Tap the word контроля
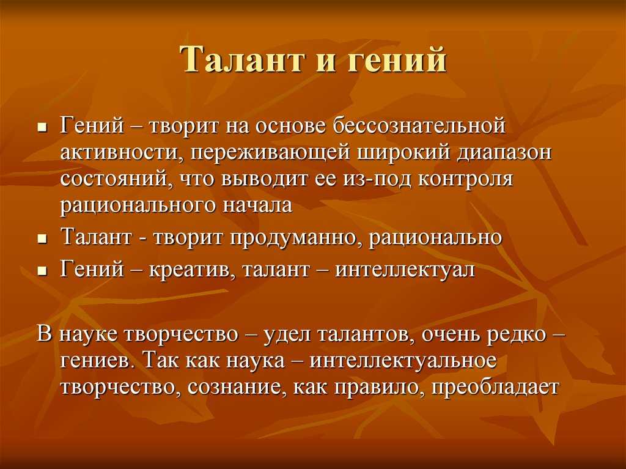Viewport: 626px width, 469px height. click(465, 179)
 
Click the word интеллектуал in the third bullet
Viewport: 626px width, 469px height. click(405, 269)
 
